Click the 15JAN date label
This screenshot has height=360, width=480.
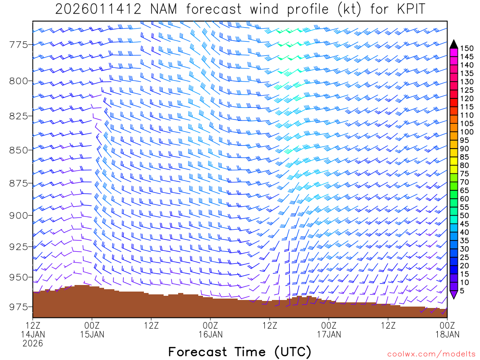92,334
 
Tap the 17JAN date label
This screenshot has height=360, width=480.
329,334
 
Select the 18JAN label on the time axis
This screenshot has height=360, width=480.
447,334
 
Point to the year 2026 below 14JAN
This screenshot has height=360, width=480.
33,343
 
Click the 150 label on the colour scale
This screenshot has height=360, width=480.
467,48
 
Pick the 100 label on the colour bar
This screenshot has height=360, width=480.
467,132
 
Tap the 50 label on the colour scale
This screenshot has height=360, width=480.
465,216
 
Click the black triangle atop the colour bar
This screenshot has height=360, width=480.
453,44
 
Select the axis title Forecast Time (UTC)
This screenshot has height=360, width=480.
240,352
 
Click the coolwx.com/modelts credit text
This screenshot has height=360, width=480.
431,354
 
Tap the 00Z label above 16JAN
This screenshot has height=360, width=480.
210,325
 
